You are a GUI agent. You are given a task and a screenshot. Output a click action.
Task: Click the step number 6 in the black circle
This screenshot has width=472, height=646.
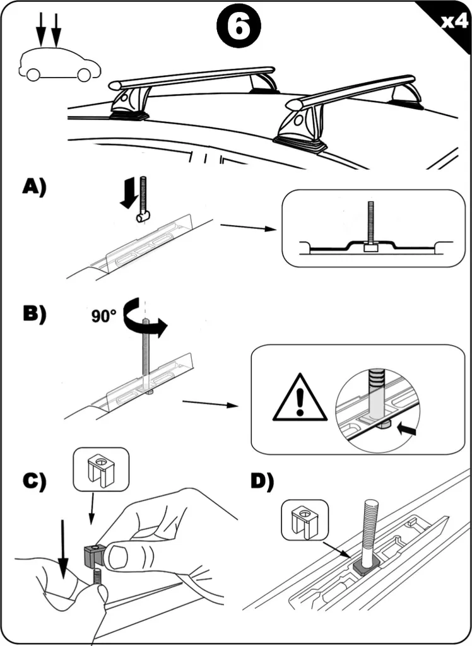click(239, 28)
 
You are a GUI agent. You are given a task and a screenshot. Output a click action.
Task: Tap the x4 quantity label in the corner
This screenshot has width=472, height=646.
click(454, 21)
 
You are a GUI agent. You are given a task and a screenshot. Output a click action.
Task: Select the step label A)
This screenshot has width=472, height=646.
click(35, 187)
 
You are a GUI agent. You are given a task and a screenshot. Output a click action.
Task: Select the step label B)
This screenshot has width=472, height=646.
click(35, 314)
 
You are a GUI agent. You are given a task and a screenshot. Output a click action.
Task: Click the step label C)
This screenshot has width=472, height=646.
click(35, 481)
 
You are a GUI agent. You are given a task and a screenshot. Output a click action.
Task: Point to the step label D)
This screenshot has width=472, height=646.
click(262, 482)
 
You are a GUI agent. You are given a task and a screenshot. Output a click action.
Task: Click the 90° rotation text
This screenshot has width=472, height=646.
click(103, 317)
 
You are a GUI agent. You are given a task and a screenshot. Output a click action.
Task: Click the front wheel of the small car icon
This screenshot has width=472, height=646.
click(84, 74)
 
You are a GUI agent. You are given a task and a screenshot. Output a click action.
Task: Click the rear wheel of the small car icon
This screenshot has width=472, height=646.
click(33, 74)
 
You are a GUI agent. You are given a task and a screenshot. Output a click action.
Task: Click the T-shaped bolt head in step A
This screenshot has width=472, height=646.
click(143, 216)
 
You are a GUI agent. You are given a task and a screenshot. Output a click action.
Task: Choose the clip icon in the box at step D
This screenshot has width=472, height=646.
click(305, 520)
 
